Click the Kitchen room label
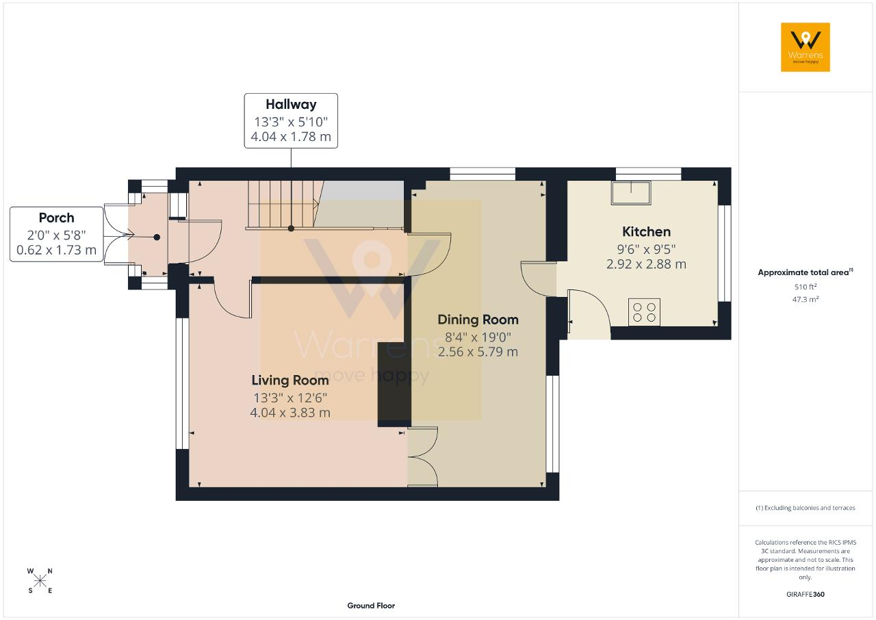pyautogui.click(x=646, y=232)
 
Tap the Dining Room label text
pyautogui.click(x=478, y=320)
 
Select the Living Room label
pyautogui.click(x=289, y=380)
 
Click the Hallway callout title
pyautogui.click(x=291, y=105)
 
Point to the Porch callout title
pyautogui.click(x=56, y=218)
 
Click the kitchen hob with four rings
pyautogui.click(x=644, y=312)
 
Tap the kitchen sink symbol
pyautogui.click(x=631, y=193)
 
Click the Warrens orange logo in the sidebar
pyautogui.click(x=806, y=47)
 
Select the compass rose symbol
pyautogui.click(x=40, y=581)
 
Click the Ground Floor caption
pyautogui.click(x=371, y=606)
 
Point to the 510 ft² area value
pyautogui.click(x=806, y=287)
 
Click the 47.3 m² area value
pyautogui.click(x=806, y=299)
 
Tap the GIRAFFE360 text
pyautogui.click(x=806, y=594)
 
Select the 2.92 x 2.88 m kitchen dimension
pyautogui.click(x=646, y=264)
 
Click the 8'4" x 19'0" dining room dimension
pyautogui.click(x=478, y=337)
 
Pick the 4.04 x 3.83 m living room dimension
pyautogui.click(x=289, y=413)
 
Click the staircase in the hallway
pyautogui.click(x=285, y=204)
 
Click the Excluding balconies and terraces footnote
pyautogui.click(x=806, y=508)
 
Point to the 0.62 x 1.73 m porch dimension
pyautogui.click(x=56, y=250)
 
